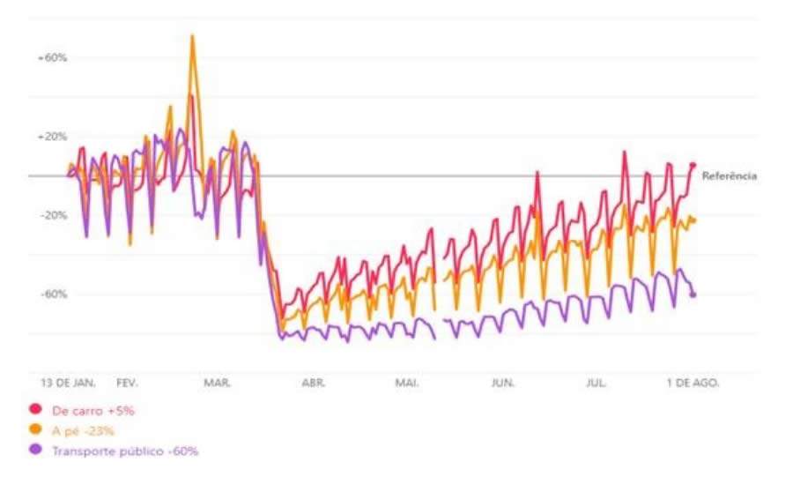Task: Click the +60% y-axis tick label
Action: click(52, 58)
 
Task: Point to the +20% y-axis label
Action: click(52, 137)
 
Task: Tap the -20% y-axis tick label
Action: click(53, 215)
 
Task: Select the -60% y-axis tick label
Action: click(53, 294)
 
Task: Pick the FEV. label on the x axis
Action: click(128, 384)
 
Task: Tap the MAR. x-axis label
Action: click(217, 384)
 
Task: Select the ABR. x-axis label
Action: click(314, 384)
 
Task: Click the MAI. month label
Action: click(407, 384)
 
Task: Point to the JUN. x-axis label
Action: click(503, 384)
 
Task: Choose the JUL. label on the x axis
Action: click(597, 384)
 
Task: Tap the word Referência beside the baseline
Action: click(729, 176)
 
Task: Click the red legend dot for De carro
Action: click(36, 410)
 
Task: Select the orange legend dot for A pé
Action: click(36, 430)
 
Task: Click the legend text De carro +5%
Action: click(93, 410)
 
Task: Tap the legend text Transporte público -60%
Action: click(125, 451)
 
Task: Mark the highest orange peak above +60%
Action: click(192, 36)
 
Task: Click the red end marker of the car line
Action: click(693, 165)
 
